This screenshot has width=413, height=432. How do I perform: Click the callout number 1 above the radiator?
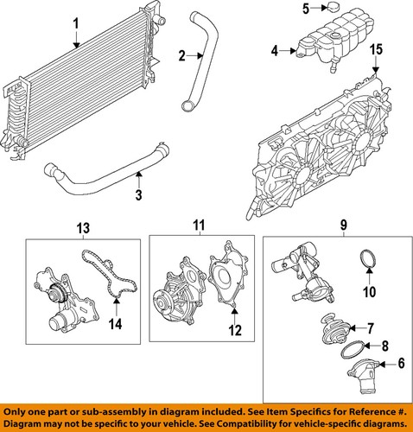(x=76, y=24)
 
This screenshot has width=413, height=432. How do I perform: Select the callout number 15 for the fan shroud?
(x=376, y=49)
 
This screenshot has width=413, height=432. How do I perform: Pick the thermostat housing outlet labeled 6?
(x=364, y=376)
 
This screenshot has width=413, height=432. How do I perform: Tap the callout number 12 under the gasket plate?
(x=235, y=330)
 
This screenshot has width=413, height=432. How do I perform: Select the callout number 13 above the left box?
(x=83, y=228)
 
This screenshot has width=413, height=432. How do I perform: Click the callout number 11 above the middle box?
(x=199, y=226)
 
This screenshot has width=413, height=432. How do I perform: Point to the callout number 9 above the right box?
(x=344, y=225)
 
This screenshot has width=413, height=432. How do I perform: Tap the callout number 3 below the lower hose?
(x=139, y=195)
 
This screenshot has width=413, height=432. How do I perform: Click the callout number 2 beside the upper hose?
(x=181, y=55)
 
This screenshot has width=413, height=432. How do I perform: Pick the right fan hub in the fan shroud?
(x=364, y=143)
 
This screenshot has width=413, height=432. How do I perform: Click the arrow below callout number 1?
(x=76, y=40)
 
